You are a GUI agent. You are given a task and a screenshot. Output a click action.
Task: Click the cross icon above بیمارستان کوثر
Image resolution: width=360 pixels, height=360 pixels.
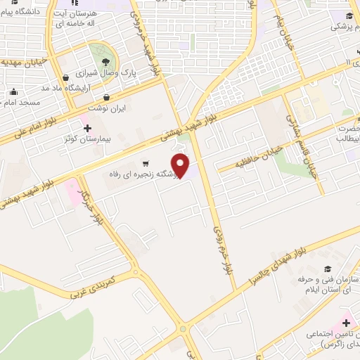86,128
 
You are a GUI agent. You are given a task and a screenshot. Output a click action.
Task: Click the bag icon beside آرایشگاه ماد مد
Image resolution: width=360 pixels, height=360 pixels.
65,77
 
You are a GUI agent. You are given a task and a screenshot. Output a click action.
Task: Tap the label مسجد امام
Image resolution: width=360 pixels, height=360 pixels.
23,103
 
